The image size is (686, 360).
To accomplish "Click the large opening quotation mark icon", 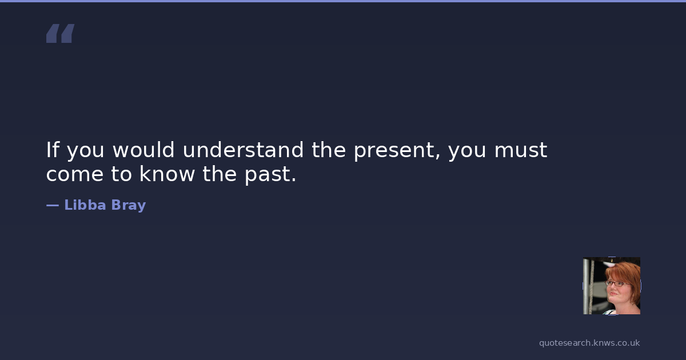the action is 61,33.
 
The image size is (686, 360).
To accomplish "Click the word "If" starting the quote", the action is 53,150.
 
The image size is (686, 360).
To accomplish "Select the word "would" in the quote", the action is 143,150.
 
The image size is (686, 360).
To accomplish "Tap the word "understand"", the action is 243,150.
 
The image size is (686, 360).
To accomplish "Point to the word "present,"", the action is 397,151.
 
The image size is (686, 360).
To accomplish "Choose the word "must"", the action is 521,150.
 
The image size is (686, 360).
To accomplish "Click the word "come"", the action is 75,174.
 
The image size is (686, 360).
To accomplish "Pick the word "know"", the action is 167,174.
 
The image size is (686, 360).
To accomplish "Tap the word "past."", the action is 270,175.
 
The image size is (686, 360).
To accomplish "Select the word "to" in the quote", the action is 121,174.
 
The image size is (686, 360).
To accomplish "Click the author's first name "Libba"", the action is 85,205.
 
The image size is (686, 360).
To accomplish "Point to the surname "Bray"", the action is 128,205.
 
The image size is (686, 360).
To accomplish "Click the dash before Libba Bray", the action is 53,205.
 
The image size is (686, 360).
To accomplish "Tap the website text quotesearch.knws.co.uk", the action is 589,343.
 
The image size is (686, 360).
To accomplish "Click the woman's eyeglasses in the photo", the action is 617,283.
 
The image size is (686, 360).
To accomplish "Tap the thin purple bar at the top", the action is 343,1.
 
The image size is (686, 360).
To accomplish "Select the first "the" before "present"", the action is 329,150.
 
